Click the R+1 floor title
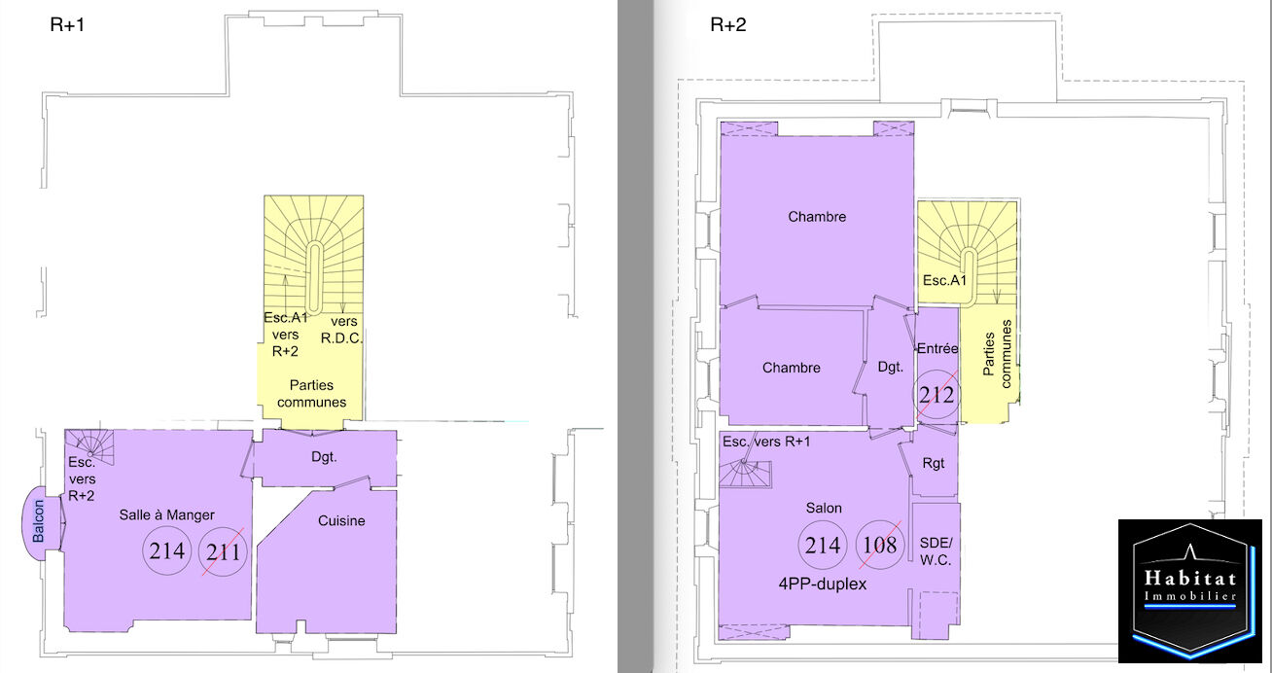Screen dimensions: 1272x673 (x=67, y=25)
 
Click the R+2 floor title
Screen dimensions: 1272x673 (x=728, y=25)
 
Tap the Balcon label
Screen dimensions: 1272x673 (x=38, y=520)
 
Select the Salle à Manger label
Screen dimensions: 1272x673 (x=167, y=515)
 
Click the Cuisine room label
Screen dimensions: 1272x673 (x=341, y=520)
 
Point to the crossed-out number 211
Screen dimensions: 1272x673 (x=223, y=551)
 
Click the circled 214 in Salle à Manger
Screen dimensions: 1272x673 (x=167, y=550)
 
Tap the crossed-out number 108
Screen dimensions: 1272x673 (x=880, y=545)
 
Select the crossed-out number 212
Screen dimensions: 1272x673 (x=936, y=395)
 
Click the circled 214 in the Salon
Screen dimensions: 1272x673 (x=823, y=546)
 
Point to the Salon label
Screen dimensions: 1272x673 (x=824, y=508)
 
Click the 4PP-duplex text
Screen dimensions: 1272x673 (x=823, y=584)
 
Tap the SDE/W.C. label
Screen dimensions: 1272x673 (x=936, y=551)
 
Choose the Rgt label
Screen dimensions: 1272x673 (x=934, y=464)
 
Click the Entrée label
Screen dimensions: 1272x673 (x=937, y=349)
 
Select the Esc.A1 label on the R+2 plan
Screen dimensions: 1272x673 (x=944, y=280)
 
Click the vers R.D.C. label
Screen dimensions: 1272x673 (x=342, y=330)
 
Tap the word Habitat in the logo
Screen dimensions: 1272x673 (x=1190, y=578)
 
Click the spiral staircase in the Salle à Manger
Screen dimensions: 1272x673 (x=89, y=447)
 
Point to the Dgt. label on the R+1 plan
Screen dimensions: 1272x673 (x=324, y=457)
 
